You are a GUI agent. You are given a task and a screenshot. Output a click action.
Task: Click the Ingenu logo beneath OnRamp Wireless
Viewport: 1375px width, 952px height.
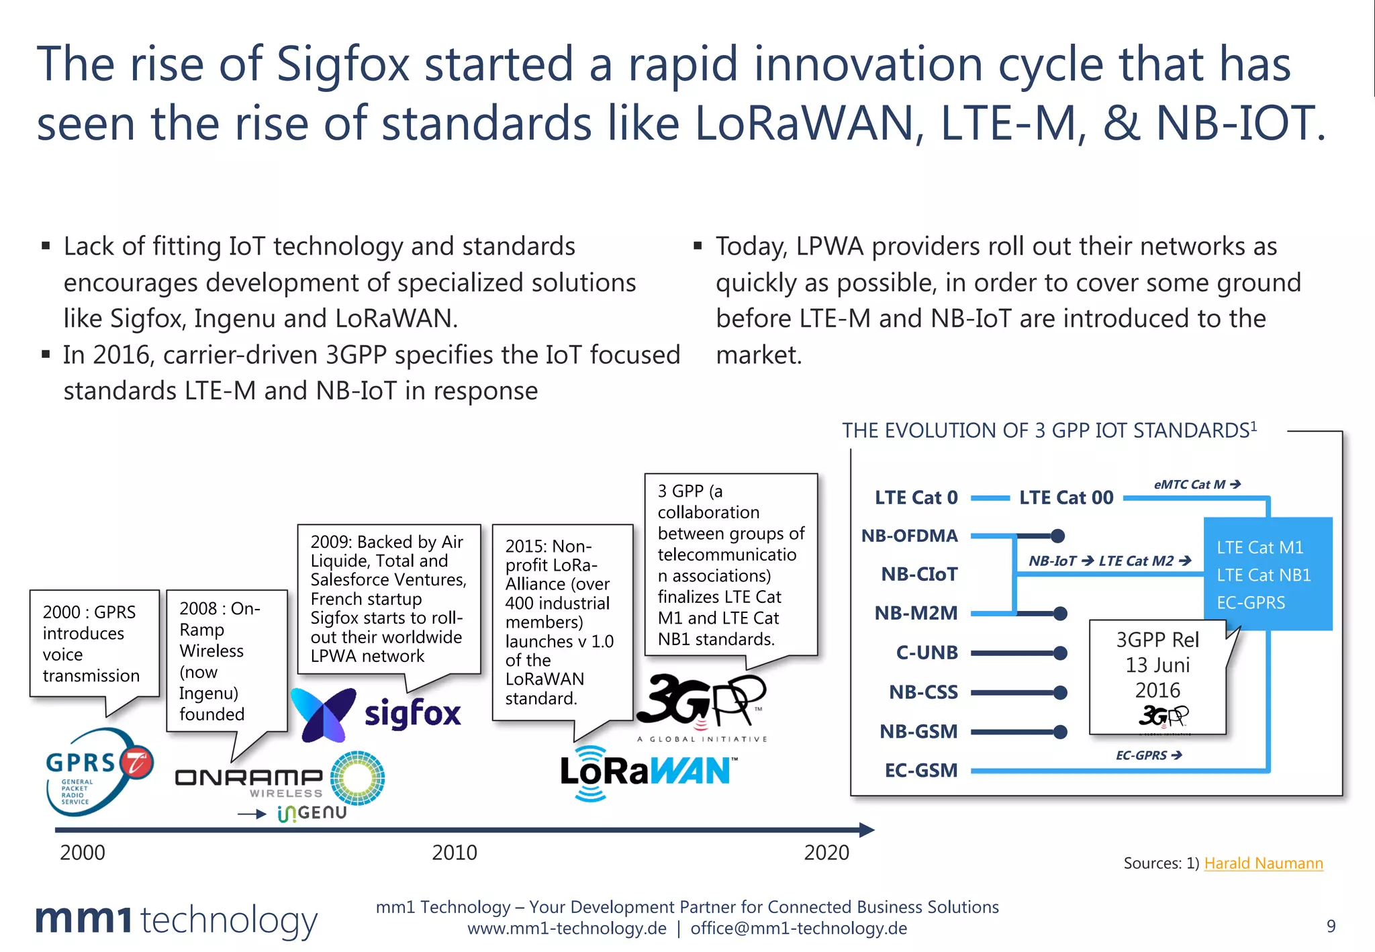point(312,813)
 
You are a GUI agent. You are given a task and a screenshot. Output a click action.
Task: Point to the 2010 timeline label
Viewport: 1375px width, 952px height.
point(454,853)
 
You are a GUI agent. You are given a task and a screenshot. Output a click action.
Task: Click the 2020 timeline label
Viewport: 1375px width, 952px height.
point(826,853)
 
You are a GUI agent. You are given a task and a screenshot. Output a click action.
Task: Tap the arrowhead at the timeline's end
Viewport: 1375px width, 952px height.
point(867,830)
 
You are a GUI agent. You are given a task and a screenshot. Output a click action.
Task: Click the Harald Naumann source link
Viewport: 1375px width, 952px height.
point(1263,863)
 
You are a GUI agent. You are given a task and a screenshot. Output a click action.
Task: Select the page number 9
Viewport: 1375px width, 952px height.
point(1331,926)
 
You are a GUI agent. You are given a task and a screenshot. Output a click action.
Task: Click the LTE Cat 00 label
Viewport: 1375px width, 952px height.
point(1065,497)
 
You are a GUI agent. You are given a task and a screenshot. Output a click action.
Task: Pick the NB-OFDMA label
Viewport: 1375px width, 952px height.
point(909,536)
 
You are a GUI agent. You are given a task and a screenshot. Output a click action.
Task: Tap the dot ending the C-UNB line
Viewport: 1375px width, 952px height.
point(1060,653)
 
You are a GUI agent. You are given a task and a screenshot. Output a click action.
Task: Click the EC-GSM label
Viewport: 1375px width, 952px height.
point(920,770)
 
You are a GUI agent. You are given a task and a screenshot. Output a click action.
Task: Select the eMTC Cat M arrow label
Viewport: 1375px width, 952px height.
point(1196,484)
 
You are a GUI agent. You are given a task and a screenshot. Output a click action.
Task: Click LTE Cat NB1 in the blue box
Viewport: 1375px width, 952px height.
point(1263,575)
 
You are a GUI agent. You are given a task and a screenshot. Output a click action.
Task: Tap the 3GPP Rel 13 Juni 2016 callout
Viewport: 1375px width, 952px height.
point(1157,675)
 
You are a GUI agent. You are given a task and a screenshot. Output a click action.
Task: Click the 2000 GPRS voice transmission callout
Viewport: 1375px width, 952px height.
point(92,643)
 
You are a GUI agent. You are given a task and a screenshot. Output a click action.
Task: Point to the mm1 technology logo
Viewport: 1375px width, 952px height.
point(177,919)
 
